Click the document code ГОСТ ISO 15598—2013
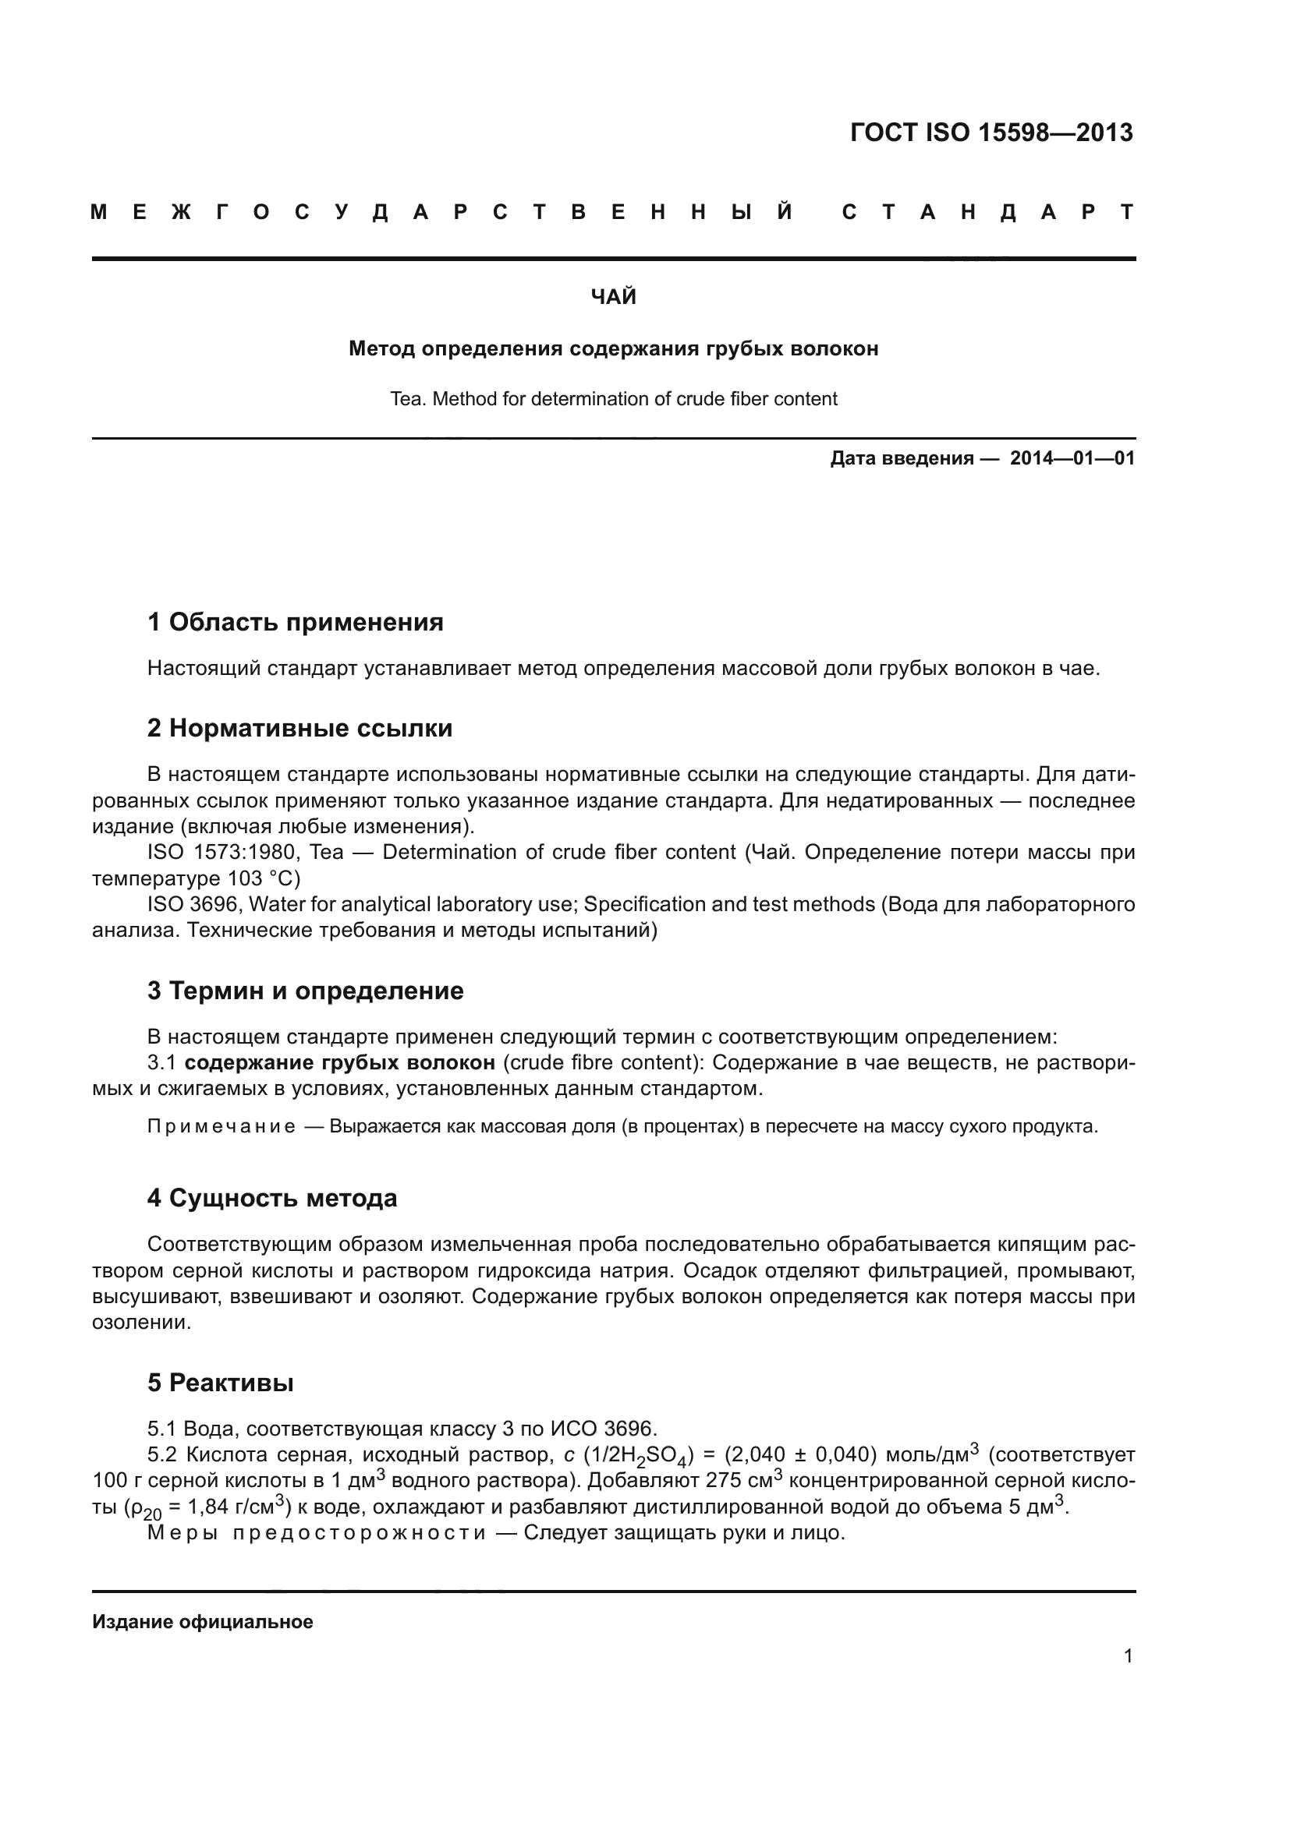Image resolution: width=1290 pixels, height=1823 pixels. pyautogui.click(x=991, y=132)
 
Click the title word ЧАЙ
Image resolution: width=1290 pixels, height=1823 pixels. pyautogui.click(x=613, y=297)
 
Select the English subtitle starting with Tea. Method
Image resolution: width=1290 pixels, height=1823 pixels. pyautogui.click(x=613, y=398)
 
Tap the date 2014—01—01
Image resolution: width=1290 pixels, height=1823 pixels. pyautogui.click(x=1072, y=458)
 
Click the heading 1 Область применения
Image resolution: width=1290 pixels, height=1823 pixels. pyautogui.click(x=296, y=623)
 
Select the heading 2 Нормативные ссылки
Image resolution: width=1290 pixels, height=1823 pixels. pyautogui.click(x=299, y=728)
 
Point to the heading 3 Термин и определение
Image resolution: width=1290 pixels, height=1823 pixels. pyautogui.click(x=305, y=991)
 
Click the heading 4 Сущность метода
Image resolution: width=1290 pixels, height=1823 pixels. pyautogui.click(x=271, y=1197)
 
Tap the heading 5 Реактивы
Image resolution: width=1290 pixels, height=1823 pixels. pyautogui.click(x=220, y=1383)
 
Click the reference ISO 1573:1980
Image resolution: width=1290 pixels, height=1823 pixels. pyautogui.click(x=221, y=853)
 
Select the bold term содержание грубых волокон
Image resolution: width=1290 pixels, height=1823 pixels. pyautogui.click(x=340, y=1062)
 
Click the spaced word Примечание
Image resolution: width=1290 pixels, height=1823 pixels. pyautogui.click(x=221, y=1127)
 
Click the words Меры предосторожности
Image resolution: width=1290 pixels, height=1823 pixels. pyautogui.click(x=316, y=1532)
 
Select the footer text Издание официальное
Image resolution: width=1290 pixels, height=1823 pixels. pyautogui.click(x=203, y=1622)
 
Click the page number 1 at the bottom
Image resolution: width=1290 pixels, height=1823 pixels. pyautogui.click(x=1128, y=1656)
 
